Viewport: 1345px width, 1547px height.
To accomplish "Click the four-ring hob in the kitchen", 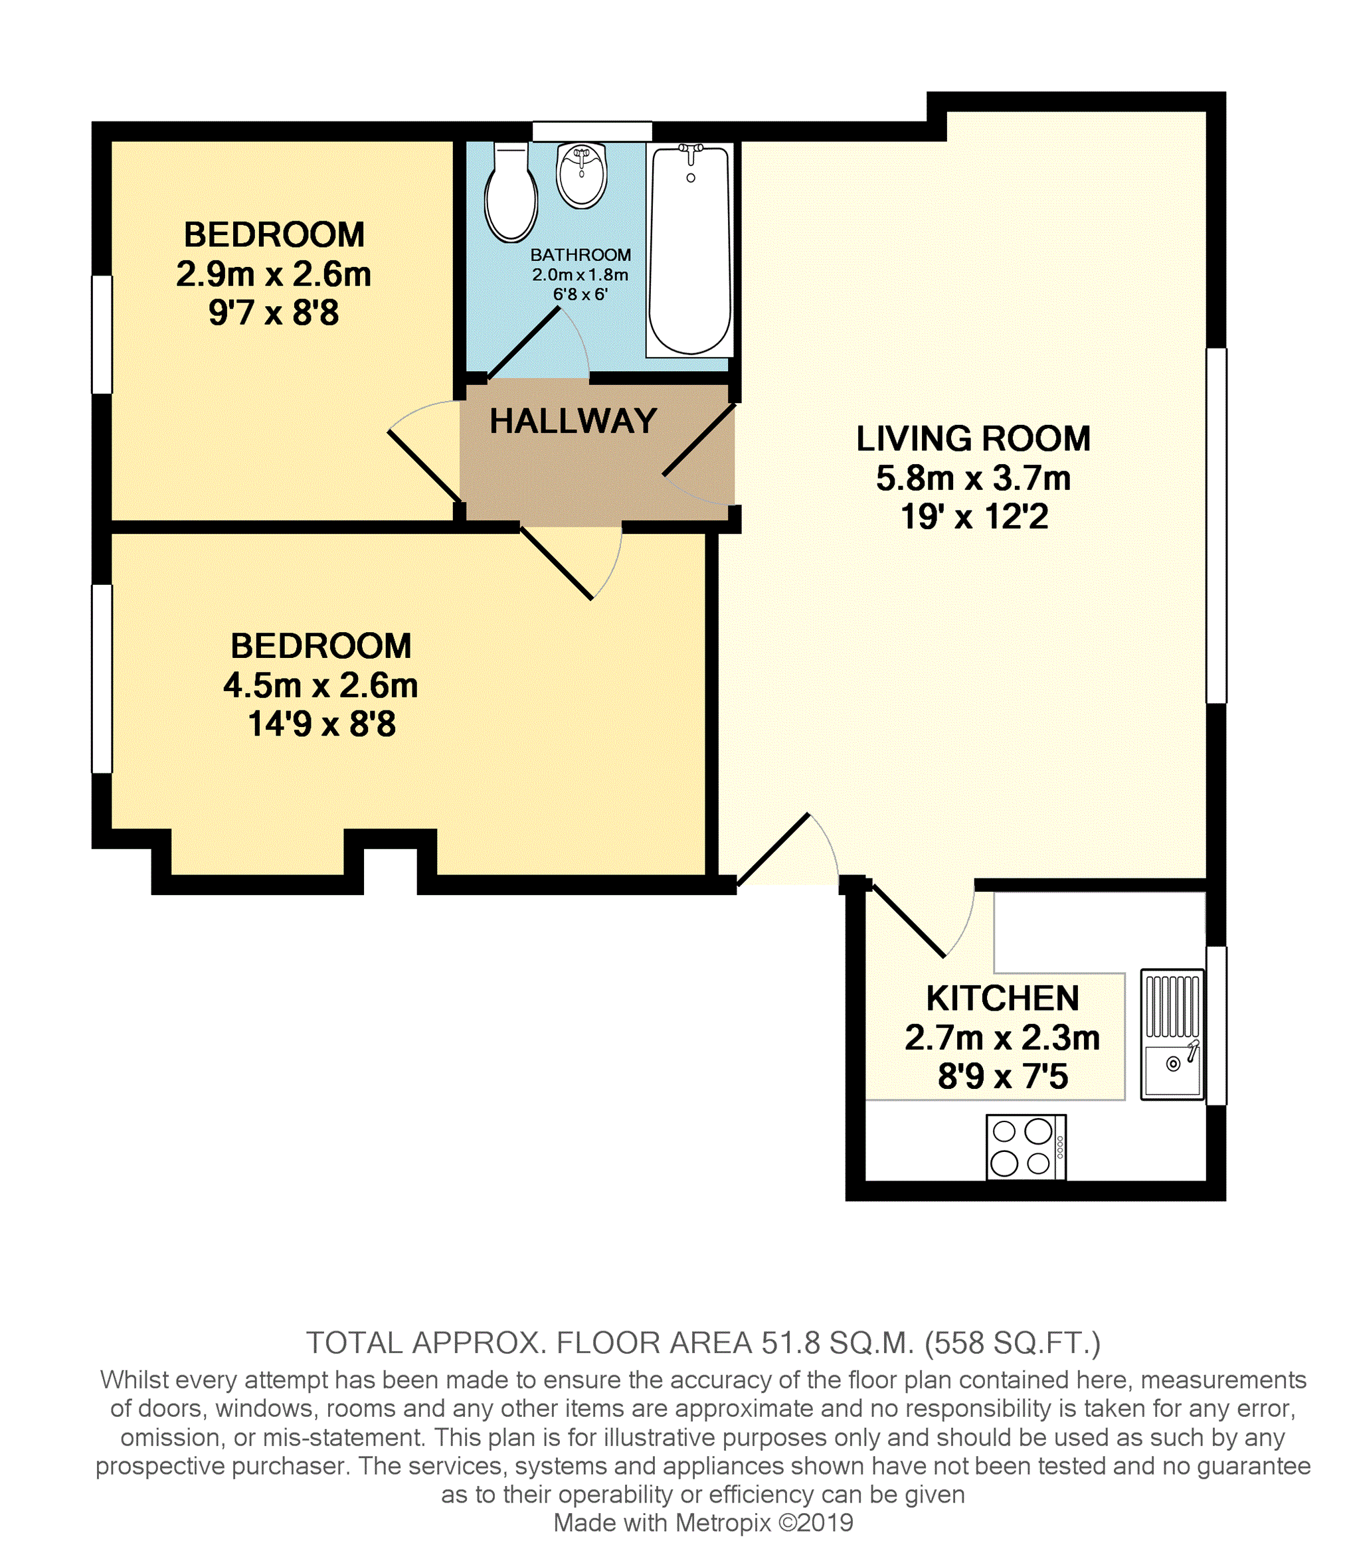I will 1026,1147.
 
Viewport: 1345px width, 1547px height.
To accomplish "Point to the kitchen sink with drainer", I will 1172,1034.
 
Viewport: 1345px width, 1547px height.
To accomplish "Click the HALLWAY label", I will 573,422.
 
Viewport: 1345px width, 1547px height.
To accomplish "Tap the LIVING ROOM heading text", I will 973,439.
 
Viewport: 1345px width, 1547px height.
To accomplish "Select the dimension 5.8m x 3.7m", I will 973,479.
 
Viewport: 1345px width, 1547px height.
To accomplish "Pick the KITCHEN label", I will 1002,999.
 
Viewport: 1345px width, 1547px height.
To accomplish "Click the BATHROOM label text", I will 581,255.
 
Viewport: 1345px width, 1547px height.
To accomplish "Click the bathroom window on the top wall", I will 592,131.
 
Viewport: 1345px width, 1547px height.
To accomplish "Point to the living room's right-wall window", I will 1216,525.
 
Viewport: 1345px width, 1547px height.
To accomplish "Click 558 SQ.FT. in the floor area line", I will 1012,1343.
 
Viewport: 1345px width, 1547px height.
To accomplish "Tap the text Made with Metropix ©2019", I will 703,1523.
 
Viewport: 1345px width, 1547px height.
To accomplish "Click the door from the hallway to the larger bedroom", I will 557,562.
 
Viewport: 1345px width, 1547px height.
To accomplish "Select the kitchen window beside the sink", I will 1216,1026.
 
